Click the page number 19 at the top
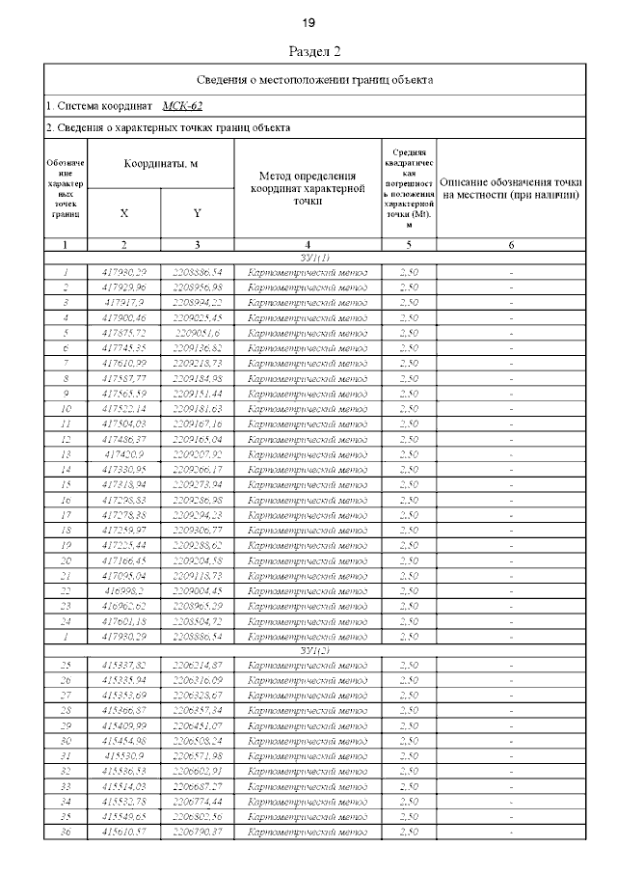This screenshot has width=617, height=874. point(308,22)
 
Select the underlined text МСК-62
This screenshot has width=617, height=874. point(182,107)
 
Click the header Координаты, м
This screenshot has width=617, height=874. point(160,164)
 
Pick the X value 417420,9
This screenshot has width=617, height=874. point(123,453)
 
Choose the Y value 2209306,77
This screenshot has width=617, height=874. point(197,530)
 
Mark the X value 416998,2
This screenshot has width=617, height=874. point(123,590)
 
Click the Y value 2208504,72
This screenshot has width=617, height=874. point(197,621)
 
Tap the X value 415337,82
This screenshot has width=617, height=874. point(123,666)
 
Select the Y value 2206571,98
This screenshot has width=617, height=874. point(197,756)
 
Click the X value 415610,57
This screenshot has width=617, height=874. point(123,832)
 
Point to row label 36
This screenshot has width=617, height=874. point(66,832)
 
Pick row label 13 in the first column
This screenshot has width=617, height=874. point(66,453)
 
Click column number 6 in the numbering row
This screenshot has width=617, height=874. point(511,245)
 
